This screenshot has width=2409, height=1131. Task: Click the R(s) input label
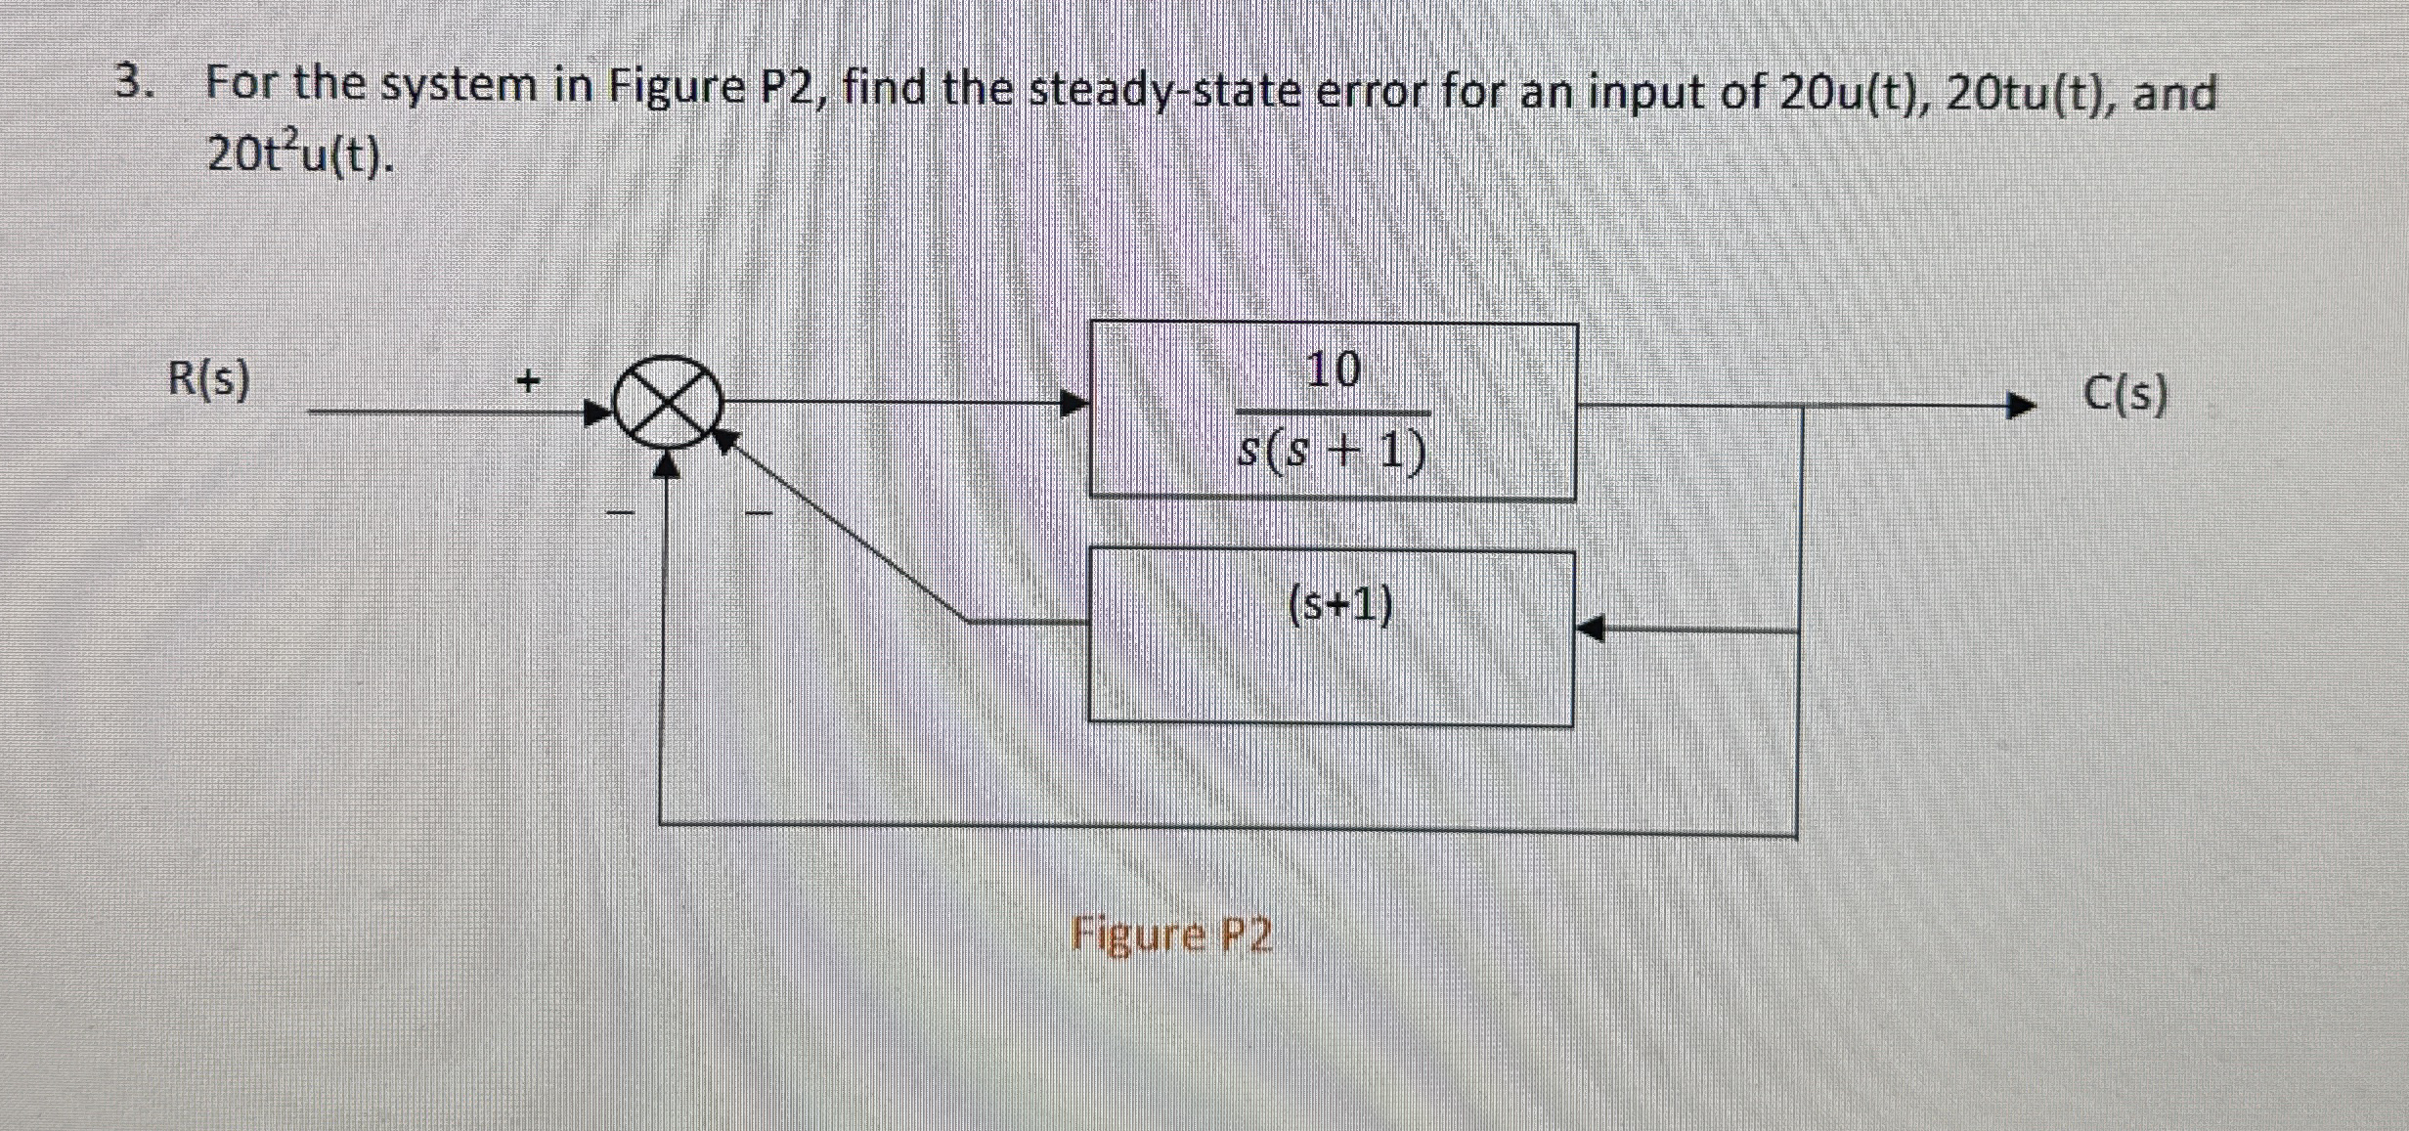(208, 378)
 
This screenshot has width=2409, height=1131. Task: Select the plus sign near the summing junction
(528, 379)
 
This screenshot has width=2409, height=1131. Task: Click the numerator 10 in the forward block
(1333, 370)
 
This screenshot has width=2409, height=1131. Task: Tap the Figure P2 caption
(1171, 935)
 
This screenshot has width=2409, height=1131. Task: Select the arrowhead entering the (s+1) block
(1591, 629)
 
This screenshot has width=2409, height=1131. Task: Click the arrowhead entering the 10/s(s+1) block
(1074, 403)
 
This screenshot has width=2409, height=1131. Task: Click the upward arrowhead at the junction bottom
(666, 466)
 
